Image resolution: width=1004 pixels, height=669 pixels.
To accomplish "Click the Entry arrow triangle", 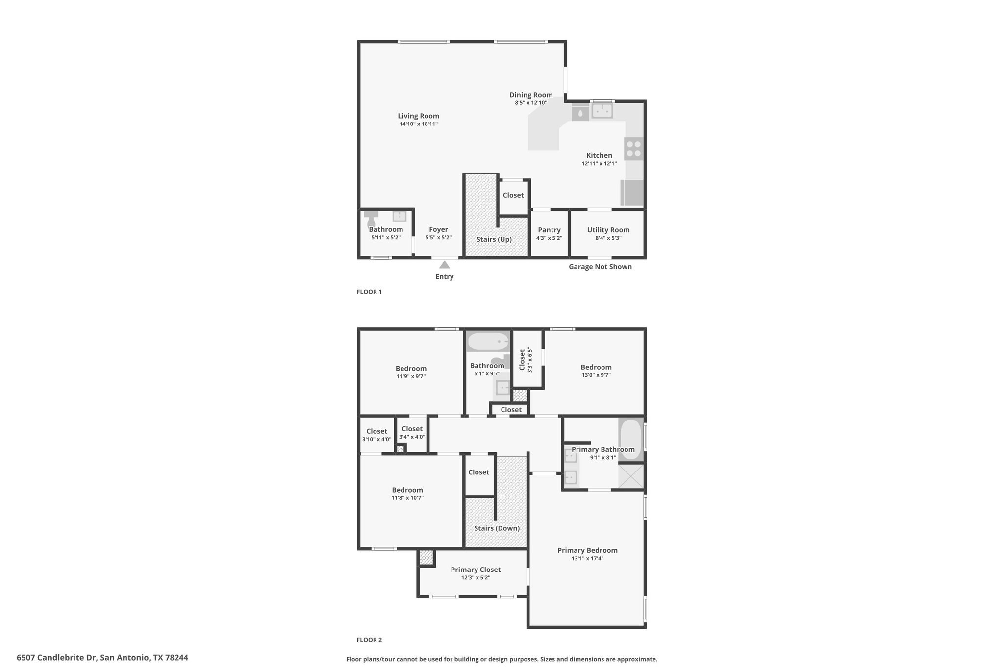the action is [445, 265].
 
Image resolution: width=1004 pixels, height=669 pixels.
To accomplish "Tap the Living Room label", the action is [419, 116].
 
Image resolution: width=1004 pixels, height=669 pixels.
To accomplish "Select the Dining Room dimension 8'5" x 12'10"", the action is [531, 103].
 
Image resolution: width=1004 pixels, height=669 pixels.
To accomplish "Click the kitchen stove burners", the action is [634, 149].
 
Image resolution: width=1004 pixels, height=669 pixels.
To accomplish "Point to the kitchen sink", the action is [602, 111].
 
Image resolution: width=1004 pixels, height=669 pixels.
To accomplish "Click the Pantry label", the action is [549, 230].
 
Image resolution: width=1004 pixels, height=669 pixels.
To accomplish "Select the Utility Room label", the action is [608, 230].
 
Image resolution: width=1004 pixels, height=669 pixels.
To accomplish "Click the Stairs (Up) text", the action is [494, 239].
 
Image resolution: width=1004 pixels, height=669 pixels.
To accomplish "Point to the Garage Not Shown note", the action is [600, 267].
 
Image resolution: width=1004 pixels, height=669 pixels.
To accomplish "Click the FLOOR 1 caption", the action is [369, 292].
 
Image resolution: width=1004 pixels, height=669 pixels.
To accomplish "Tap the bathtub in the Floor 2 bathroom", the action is [488, 341].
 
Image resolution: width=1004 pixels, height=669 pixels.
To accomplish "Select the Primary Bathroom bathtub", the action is [631, 440].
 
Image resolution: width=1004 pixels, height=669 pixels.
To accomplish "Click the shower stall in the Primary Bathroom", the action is [631, 476].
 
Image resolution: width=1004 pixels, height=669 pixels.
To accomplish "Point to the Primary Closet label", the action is [476, 570].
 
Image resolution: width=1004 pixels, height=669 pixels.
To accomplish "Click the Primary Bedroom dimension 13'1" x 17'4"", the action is [587, 558].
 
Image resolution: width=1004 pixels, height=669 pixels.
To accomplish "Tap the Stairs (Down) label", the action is [497, 528].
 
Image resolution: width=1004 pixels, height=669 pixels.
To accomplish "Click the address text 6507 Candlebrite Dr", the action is [58, 658].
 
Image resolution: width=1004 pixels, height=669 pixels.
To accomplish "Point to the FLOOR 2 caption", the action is [369, 640].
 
